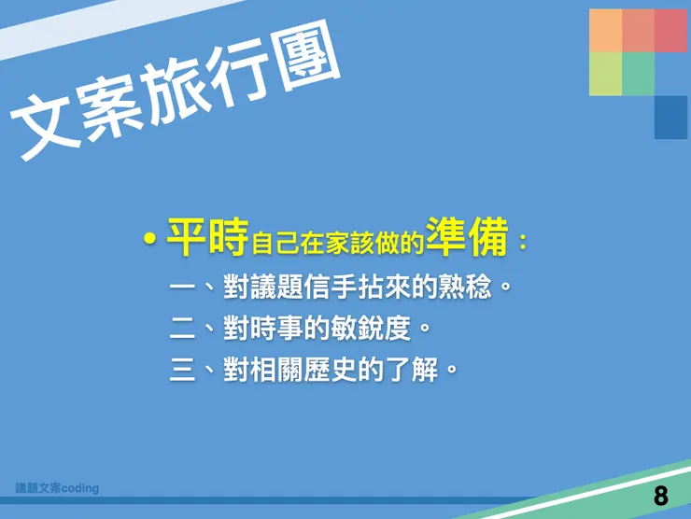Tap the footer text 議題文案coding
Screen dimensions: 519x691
(x=57, y=488)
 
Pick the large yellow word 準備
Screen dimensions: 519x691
(x=467, y=238)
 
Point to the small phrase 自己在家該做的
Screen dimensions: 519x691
(x=337, y=245)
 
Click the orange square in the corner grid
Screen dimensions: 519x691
(x=605, y=30)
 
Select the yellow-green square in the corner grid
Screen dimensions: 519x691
(x=605, y=74)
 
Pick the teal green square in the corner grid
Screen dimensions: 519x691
(x=638, y=74)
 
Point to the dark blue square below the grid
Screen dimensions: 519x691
(x=670, y=117)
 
